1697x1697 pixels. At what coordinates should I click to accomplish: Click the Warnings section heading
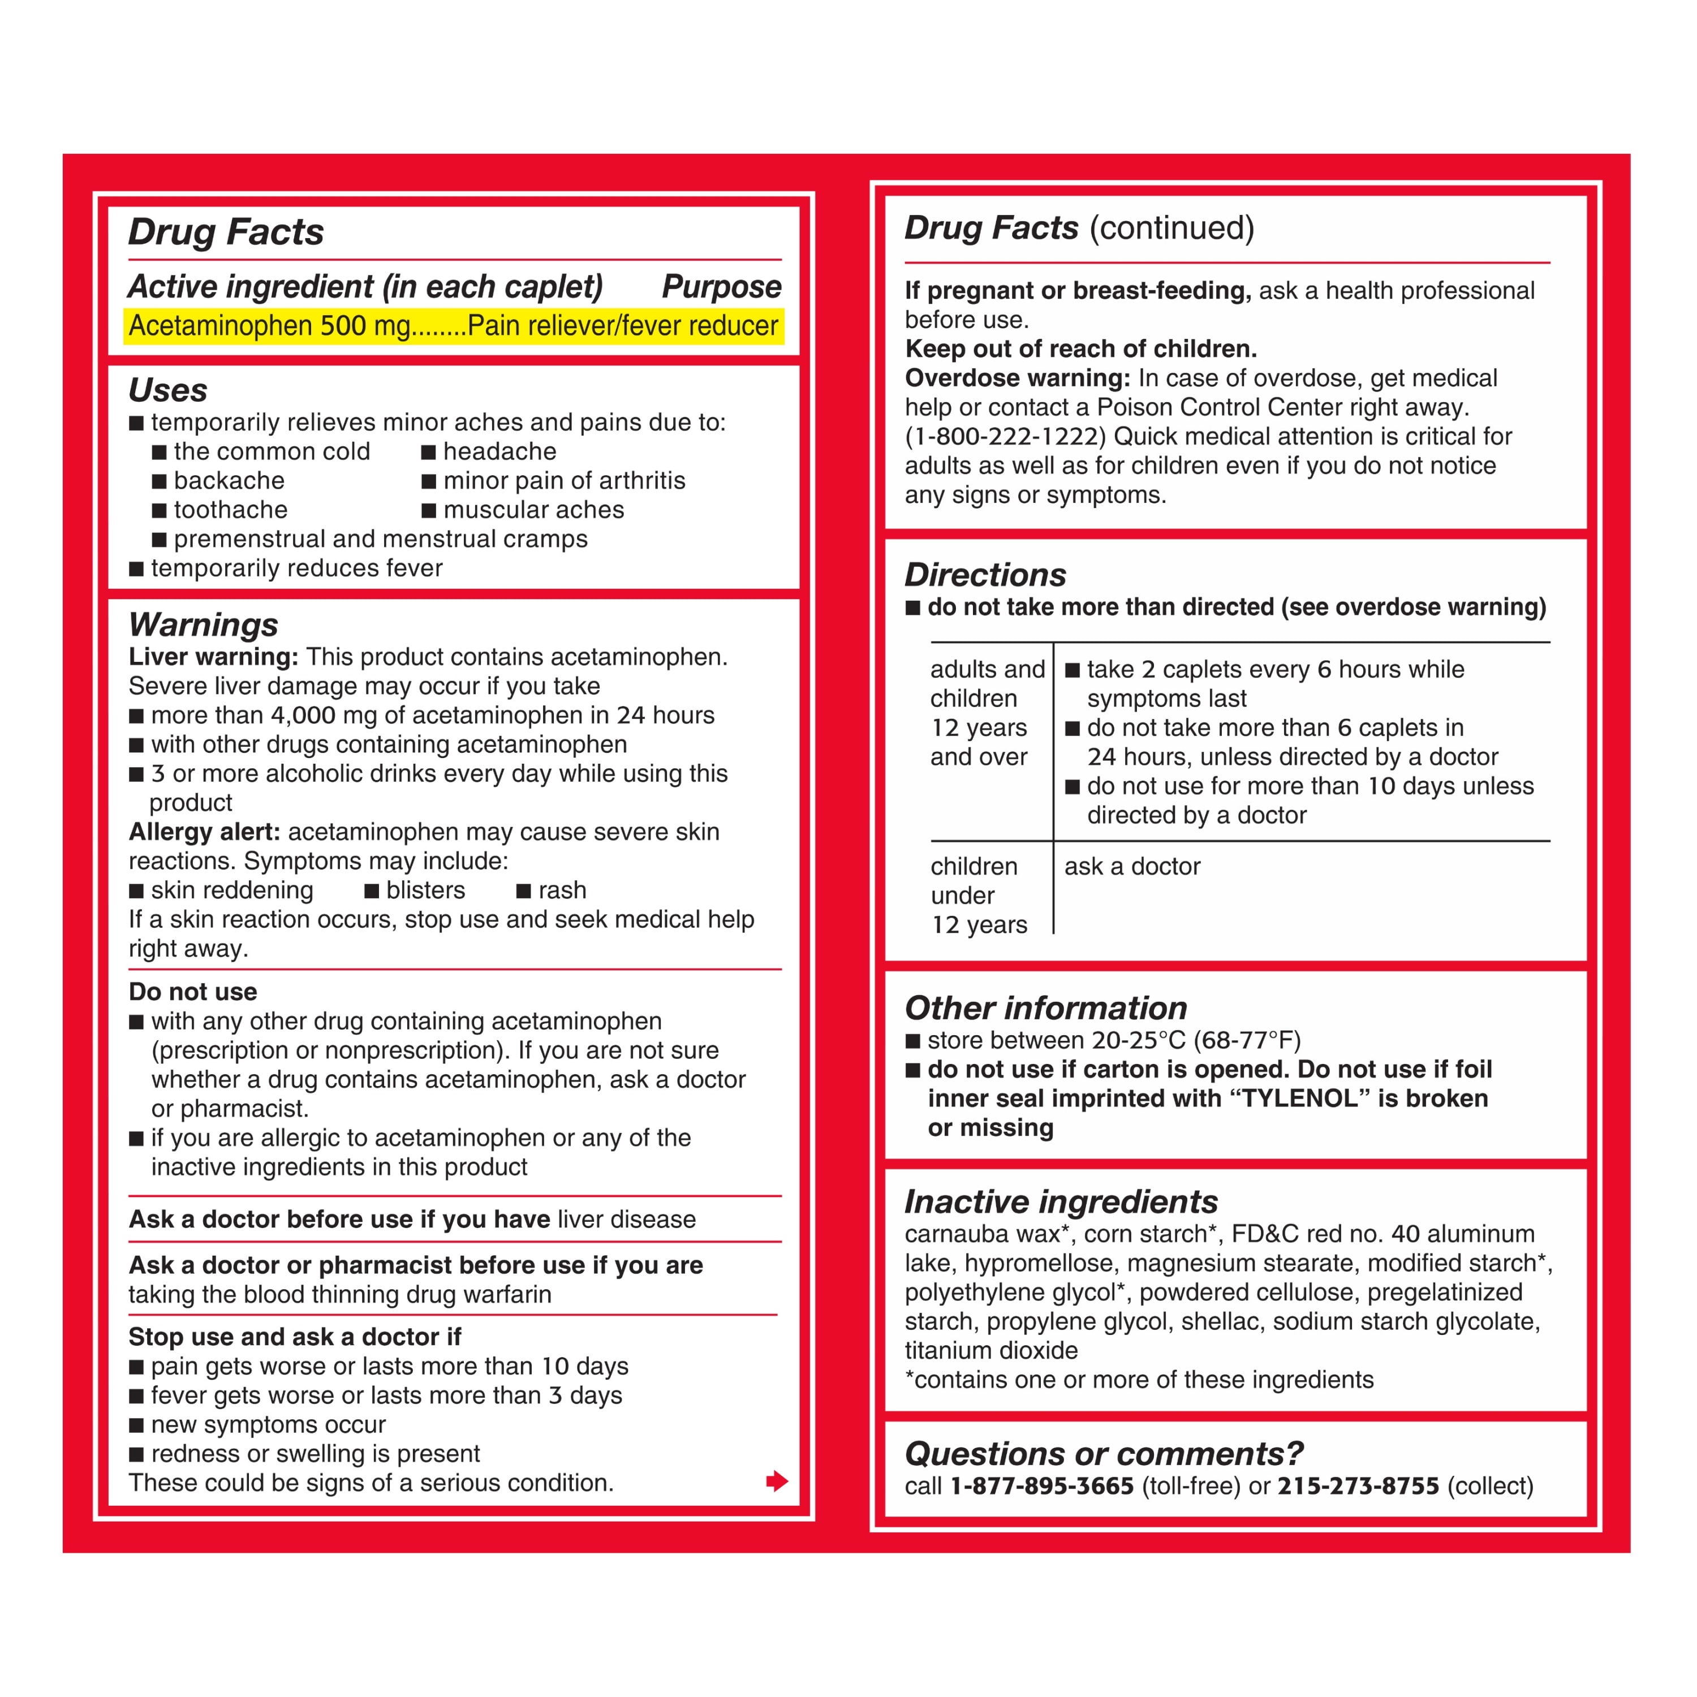pyautogui.click(x=203, y=624)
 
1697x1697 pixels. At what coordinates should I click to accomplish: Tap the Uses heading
pyautogui.click(x=168, y=390)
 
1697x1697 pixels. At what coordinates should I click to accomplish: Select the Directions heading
pyautogui.click(x=985, y=575)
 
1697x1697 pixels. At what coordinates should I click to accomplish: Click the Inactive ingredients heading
pyautogui.click(x=1061, y=1201)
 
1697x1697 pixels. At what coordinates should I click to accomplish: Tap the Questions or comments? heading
pyautogui.click(x=1103, y=1454)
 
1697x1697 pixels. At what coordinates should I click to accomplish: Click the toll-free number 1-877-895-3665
pyautogui.click(x=1042, y=1486)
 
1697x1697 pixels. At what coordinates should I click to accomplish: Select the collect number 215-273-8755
pyautogui.click(x=1358, y=1486)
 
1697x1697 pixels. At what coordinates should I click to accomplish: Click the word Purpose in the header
pyautogui.click(x=721, y=286)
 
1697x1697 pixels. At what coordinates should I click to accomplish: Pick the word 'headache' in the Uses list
pyautogui.click(x=500, y=451)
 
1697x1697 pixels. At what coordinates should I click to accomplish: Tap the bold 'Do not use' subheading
pyautogui.click(x=192, y=992)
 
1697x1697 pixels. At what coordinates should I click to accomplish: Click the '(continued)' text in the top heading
pyautogui.click(x=1171, y=229)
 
